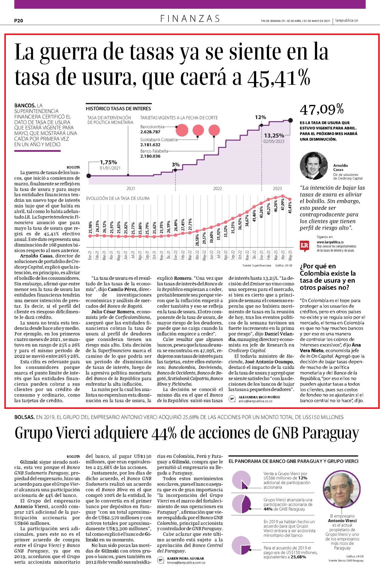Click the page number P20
(x=19, y=21)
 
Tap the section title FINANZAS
(x=190, y=19)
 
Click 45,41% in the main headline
(x=279, y=77)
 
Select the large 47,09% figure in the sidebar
(x=322, y=109)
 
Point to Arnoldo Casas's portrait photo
(x=314, y=166)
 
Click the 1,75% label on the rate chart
(x=108, y=162)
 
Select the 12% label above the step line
(x=260, y=117)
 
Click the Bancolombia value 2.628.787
(x=150, y=132)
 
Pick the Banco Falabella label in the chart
(x=154, y=151)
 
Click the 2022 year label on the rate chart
(x=218, y=188)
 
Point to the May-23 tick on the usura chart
(x=291, y=255)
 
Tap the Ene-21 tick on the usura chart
(x=90, y=255)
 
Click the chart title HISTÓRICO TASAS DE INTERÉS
(x=118, y=109)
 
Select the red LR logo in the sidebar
(x=304, y=246)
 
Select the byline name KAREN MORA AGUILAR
(x=185, y=558)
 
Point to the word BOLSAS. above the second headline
(x=24, y=417)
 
